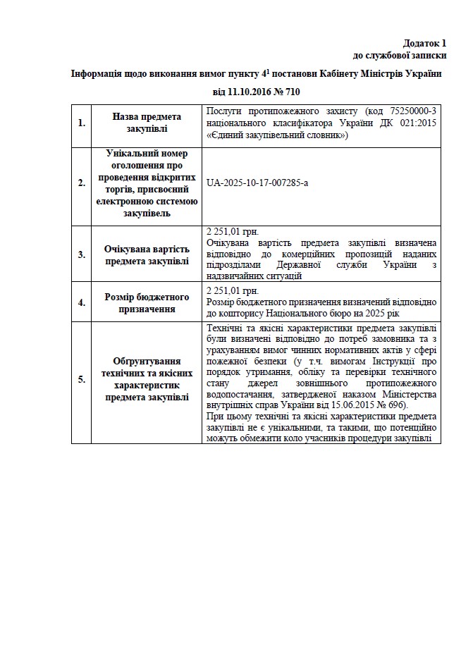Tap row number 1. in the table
(81, 123)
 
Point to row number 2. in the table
(81, 183)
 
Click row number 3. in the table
(81, 254)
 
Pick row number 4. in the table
(81, 302)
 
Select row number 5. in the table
(81, 379)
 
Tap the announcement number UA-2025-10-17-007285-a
(257, 183)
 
